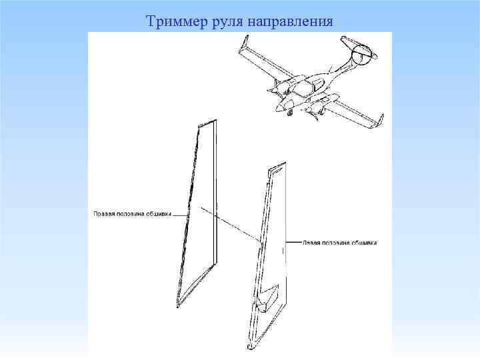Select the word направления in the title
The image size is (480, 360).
click(x=291, y=22)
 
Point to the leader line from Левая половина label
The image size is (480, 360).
click(x=293, y=243)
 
